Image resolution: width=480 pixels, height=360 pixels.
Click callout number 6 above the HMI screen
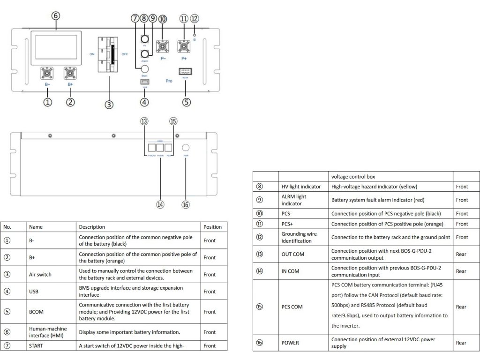pyautogui.click(x=56, y=15)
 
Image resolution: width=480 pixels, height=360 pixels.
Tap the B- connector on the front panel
pyautogui.click(x=47, y=74)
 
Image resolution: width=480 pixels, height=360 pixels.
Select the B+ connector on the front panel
pyautogui.click(x=70, y=74)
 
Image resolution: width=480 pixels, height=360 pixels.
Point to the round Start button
pyautogui.click(x=145, y=68)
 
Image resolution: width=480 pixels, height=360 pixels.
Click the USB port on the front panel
pyautogui.click(x=145, y=82)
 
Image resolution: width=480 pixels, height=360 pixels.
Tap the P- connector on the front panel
pyautogui.click(x=163, y=47)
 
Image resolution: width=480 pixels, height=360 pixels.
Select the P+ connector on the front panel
pyautogui.click(x=184, y=47)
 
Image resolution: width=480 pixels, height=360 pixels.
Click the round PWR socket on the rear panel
pyautogui.click(x=186, y=148)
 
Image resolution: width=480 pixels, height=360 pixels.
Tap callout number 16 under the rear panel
pyautogui.click(x=186, y=204)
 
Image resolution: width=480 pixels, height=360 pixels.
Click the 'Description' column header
pyautogui.click(x=92, y=227)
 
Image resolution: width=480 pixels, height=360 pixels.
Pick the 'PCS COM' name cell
pyautogui.click(x=292, y=307)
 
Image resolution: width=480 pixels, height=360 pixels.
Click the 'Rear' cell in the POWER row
pyautogui.click(x=461, y=343)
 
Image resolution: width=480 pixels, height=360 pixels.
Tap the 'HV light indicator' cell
pyautogui.click(x=301, y=187)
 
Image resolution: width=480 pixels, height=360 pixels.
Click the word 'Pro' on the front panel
pyautogui.click(x=169, y=81)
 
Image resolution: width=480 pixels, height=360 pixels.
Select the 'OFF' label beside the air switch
pyautogui.click(x=125, y=54)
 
